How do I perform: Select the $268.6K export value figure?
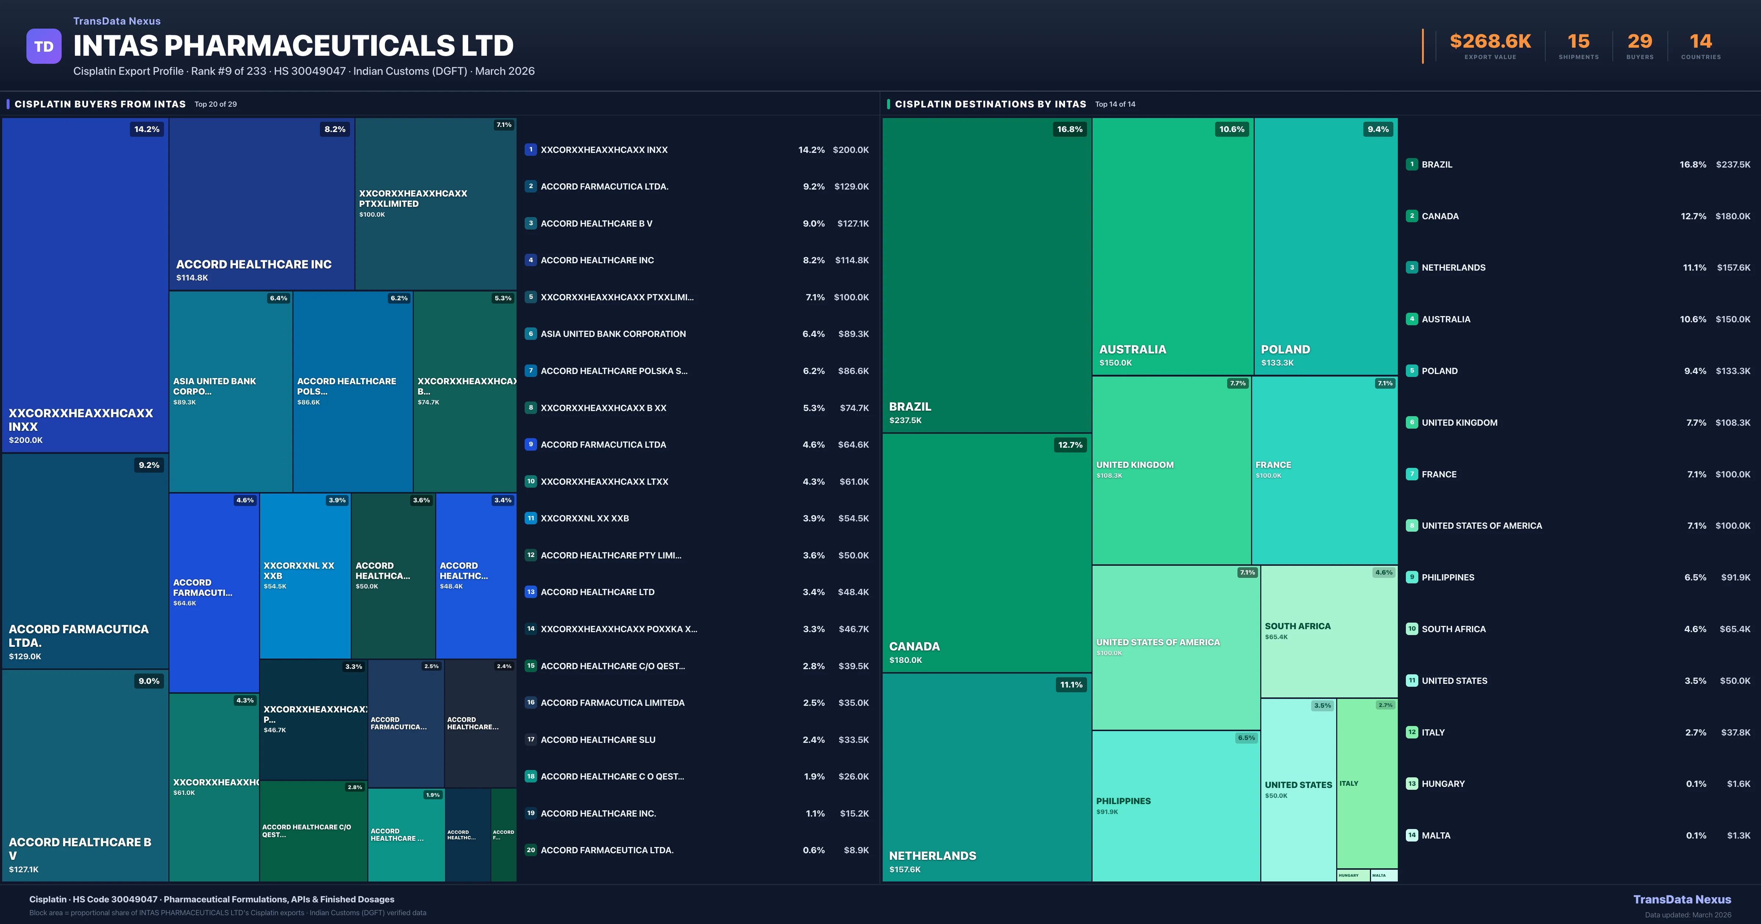(x=1490, y=42)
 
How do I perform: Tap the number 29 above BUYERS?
(x=1639, y=42)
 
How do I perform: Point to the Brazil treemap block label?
(x=910, y=407)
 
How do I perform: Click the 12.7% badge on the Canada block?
(x=1070, y=445)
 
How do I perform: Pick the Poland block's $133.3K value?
(x=1277, y=363)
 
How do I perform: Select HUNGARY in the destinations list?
(x=1443, y=784)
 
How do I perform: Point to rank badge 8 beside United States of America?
(x=1412, y=525)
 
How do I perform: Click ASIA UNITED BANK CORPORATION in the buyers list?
(x=613, y=334)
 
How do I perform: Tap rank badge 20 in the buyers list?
(x=531, y=850)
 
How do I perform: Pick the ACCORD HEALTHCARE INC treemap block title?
(x=254, y=264)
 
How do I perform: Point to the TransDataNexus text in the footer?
(x=1682, y=899)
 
